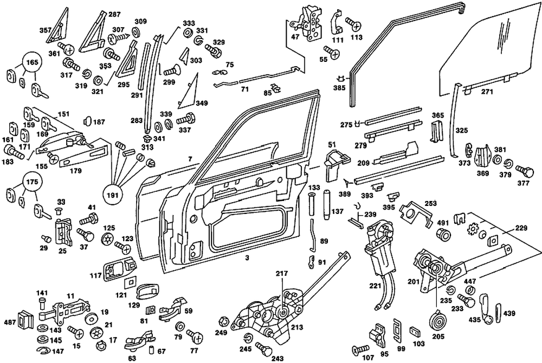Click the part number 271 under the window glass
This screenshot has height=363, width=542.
[x=487, y=92]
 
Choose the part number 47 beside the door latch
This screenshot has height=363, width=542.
[x=295, y=37]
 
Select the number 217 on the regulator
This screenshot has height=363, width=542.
[x=282, y=274]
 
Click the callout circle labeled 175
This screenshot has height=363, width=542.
[x=31, y=183]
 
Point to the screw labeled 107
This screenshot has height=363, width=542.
[x=359, y=349]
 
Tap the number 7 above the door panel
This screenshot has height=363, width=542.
[x=190, y=158]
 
